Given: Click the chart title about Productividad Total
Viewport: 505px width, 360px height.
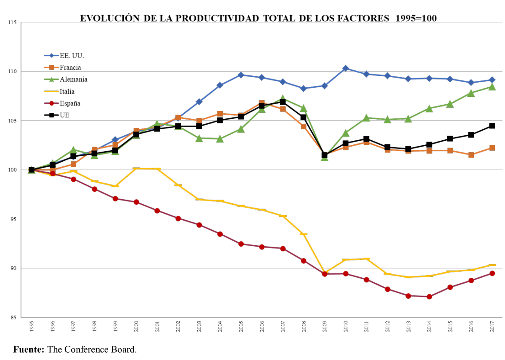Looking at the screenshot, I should click(x=258, y=18).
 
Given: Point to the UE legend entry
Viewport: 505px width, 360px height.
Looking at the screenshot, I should click(x=65, y=115).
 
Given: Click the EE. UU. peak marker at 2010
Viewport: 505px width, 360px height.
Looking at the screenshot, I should click(x=346, y=69).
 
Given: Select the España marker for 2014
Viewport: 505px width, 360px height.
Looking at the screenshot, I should click(x=429, y=296).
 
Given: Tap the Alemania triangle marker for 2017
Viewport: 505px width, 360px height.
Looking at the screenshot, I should click(x=492, y=86).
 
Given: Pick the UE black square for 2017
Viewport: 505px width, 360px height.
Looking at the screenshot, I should click(x=492, y=126).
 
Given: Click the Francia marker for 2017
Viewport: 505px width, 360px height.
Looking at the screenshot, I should click(x=492, y=148).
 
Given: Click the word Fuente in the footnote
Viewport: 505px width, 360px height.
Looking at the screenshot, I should click(x=29, y=350).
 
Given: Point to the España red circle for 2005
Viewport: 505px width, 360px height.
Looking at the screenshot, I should click(x=241, y=244).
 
